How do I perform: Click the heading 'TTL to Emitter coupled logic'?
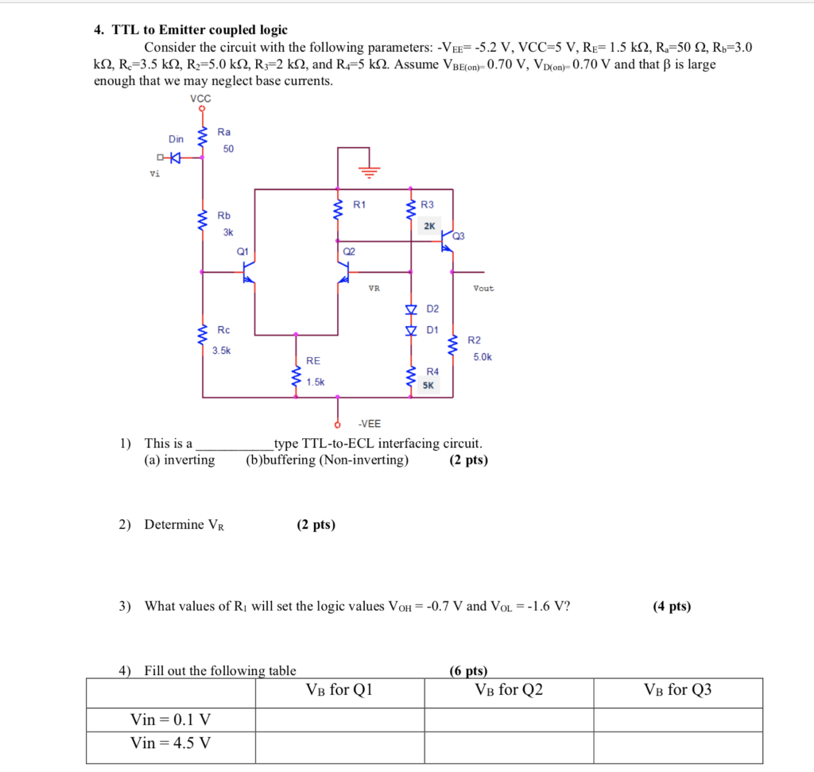click(x=200, y=30)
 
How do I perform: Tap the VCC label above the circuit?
click(x=201, y=98)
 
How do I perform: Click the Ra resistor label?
click(x=224, y=132)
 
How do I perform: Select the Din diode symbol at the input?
click(x=174, y=157)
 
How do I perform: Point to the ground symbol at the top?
click(x=370, y=169)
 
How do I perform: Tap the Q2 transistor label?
click(x=348, y=250)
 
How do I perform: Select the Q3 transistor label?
click(x=459, y=236)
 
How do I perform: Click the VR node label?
click(x=374, y=289)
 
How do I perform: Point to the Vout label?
click(x=483, y=289)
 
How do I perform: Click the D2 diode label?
click(x=432, y=308)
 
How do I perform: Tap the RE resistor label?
click(x=313, y=361)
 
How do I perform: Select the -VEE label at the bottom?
click(x=369, y=424)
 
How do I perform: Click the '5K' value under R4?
click(x=428, y=386)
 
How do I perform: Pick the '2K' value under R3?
click(x=429, y=226)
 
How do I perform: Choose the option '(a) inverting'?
click(x=180, y=460)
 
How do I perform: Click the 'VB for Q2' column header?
click(x=509, y=690)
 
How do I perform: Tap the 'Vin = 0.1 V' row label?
click(x=171, y=720)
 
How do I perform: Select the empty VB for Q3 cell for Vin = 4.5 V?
click(x=677, y=744)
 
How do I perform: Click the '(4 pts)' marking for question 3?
click(x=672, y=607)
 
